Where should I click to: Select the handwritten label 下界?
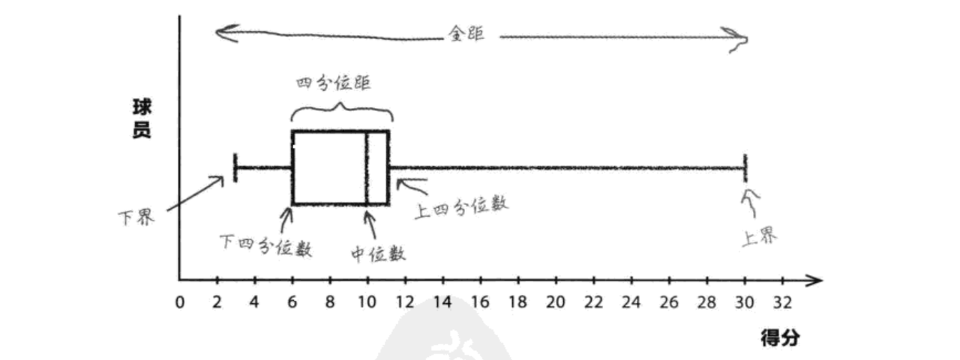point(136,218)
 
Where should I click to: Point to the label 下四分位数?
point(265,245)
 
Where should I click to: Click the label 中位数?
point(378,253)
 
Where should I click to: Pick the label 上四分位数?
point(461,206)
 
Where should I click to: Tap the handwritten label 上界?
point(759,238)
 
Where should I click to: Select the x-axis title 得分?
point(780,337)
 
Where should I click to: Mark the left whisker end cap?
point(235,167)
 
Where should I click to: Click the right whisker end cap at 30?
point(745,167)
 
